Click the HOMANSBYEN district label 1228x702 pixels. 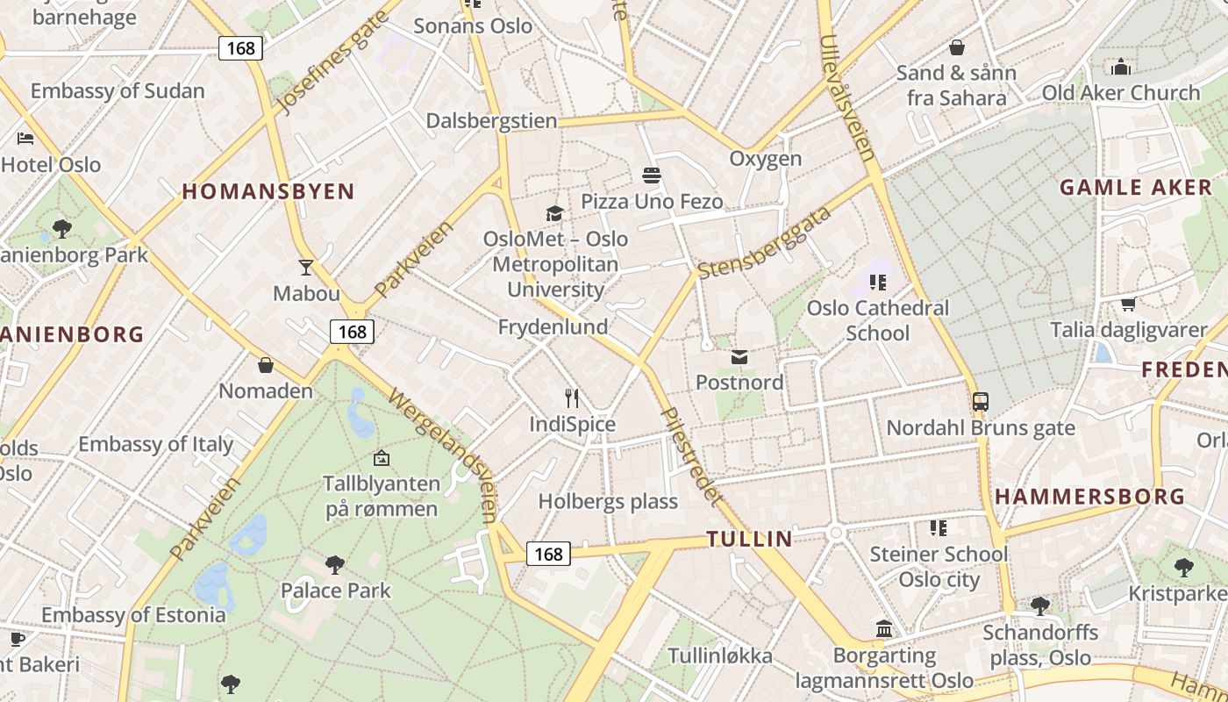tap(268, 191)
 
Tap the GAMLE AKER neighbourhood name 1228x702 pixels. tap(1135, 187)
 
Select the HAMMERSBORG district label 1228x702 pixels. tap(1089, 497)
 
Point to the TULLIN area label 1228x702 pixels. tap(750, 539)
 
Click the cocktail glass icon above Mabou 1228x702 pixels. tap(305, 267)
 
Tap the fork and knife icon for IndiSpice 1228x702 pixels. tap(572, 398)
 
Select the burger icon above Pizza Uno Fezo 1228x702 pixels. tap(651, 175)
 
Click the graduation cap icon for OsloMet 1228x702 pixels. tap(554, 213)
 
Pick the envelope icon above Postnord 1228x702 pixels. tap(739, 357)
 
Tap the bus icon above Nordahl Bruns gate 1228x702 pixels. tap(980, 402)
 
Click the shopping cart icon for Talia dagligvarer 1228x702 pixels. tap(1128, 304)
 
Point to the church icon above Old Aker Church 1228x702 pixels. tap(1120, 67)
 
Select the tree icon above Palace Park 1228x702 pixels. tap(334, 564)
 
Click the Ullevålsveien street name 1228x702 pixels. tap(847, 97)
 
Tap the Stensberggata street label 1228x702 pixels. tap(765, 243)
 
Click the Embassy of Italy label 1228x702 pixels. tap(156, 444)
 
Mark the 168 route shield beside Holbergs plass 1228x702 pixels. tap(548, 554)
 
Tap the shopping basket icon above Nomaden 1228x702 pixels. tap(266, 365)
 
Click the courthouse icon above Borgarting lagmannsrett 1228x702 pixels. tap(884, 629)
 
